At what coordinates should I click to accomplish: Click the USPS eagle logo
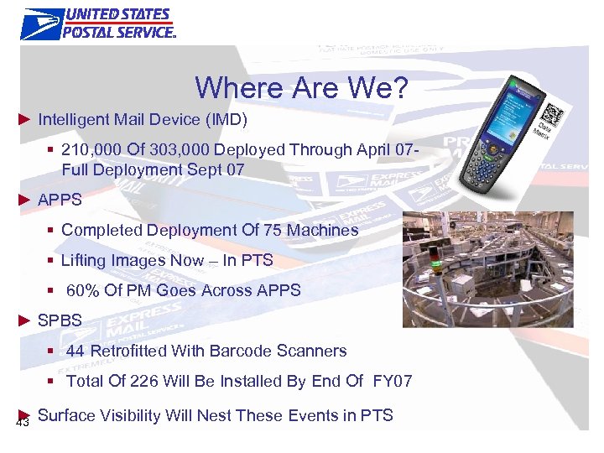coord(41,23)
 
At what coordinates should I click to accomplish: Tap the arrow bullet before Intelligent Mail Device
coord(25,120)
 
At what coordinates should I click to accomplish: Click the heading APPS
coord(60,200)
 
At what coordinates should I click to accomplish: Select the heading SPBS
coord(60,320)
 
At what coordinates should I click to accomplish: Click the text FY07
coord(393,381)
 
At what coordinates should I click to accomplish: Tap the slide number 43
coord(23,422)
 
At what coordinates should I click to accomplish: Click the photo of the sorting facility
coord(487,268)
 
